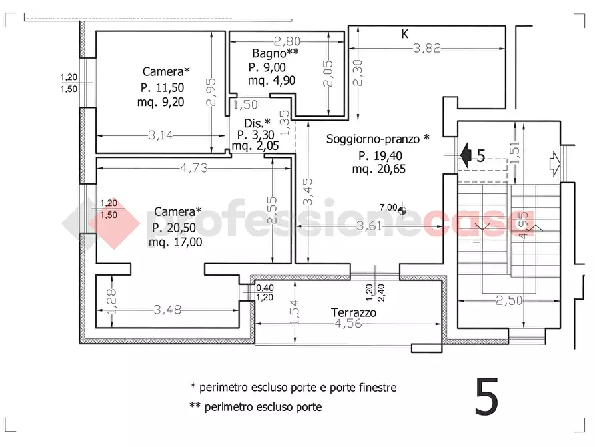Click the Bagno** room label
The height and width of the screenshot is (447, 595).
[275, 53]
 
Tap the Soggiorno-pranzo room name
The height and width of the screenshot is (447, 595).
[373, 139]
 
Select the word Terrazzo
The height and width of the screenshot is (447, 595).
[354, 312]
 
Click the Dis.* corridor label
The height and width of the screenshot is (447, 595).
[257, 123]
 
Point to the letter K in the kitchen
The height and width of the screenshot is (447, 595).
[405, 34]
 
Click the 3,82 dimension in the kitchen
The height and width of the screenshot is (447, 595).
[427, 48]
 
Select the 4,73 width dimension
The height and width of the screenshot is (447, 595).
[194, 168]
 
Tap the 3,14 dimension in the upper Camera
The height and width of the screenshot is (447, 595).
[160, 135]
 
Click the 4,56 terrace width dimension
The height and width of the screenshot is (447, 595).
[348, 324]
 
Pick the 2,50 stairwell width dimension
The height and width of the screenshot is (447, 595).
[509, 300]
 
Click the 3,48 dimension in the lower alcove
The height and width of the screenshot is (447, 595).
[167, 310]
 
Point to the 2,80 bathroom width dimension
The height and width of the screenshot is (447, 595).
[287, 41]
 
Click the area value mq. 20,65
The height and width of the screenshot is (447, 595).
[378, 169]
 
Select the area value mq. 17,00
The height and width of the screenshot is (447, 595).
[175, 242]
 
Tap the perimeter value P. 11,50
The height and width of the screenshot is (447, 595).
[162, 88]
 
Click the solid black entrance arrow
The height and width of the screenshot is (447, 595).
[466, 155]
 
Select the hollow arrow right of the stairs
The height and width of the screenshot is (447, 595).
[555, 164]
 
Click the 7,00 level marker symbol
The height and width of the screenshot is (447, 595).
[402, 210]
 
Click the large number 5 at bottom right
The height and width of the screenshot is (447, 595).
[486, 396]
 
